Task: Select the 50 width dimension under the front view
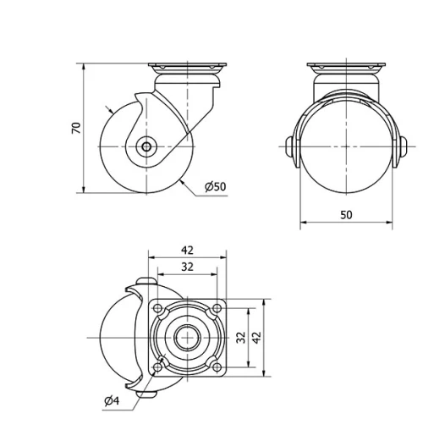346,215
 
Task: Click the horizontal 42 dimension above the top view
187,250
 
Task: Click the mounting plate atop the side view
185,68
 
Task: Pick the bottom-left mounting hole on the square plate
158,366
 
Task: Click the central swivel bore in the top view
187,337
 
